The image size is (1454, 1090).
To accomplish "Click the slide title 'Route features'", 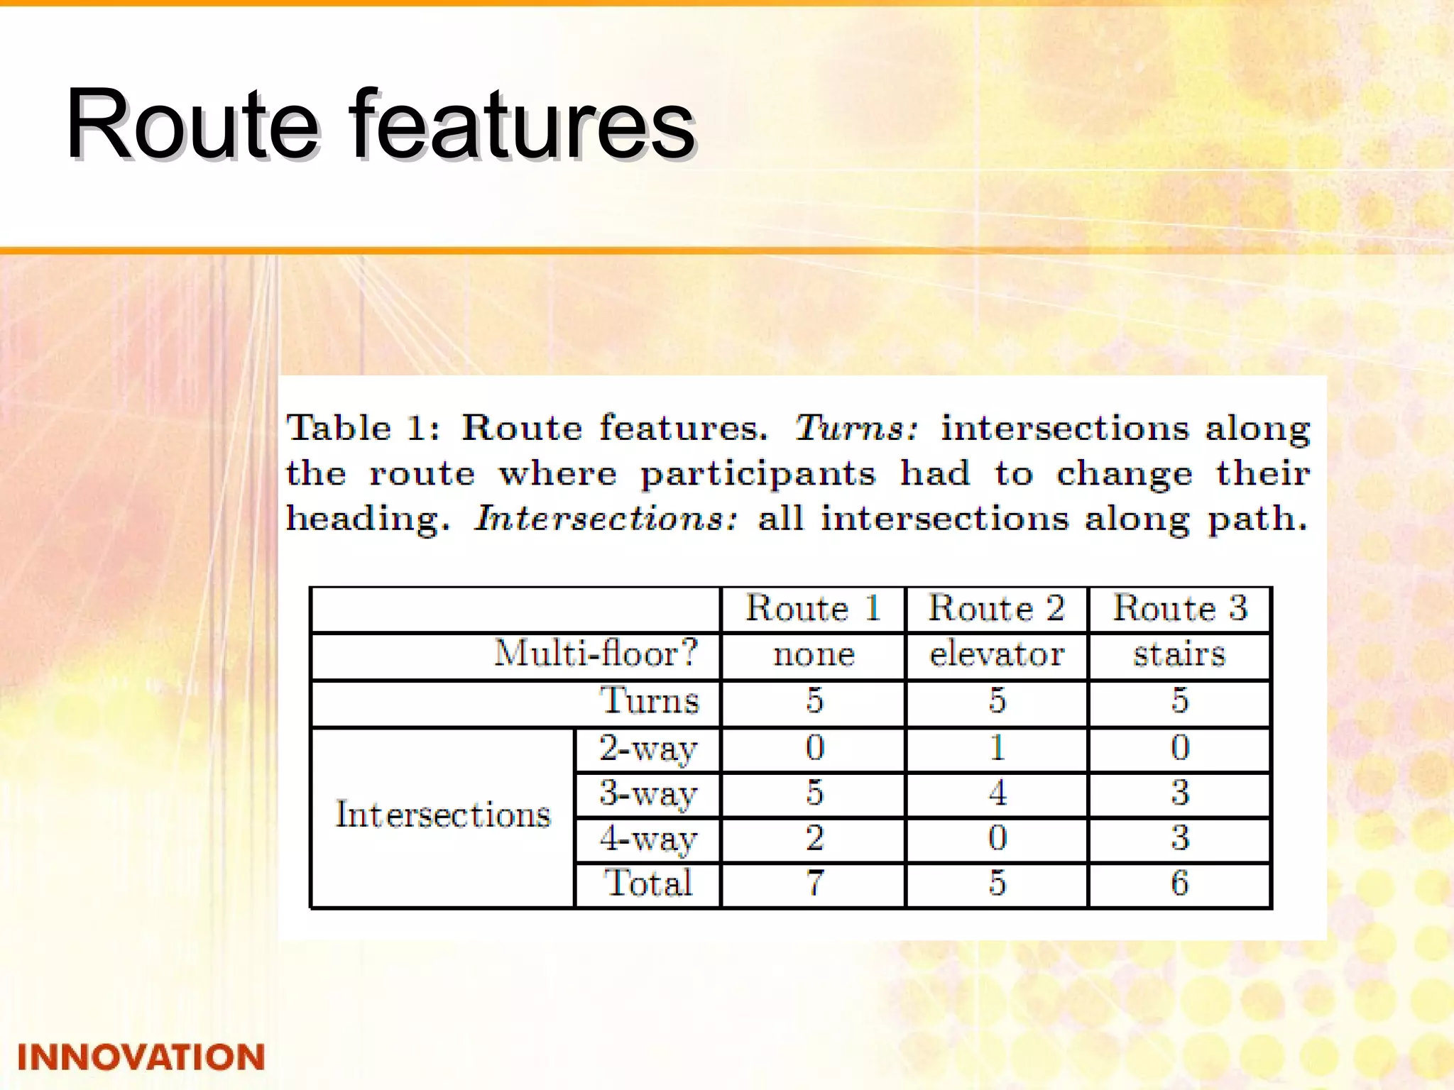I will (x=380, y=124).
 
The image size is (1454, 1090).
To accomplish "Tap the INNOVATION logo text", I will (x=141, y=1057).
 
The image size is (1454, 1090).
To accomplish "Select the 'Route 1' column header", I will (x=814, y=608).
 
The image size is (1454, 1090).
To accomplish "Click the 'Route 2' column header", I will (x=997, y=608).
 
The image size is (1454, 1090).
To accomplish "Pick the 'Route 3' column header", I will (x=1180, y=608).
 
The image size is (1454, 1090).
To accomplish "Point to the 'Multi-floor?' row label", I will (x=596, y=653).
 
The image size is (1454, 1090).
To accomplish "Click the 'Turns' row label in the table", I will (x=650, y=700).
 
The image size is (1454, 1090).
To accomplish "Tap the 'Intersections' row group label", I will (x=443, y=814).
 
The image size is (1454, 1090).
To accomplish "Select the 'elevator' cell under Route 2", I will (x=997, y=654).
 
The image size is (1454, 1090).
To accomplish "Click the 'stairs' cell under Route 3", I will (x=1179, y=654).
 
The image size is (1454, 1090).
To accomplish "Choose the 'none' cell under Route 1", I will (x=814, y=654).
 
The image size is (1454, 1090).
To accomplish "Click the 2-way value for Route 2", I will (x=997, y=747).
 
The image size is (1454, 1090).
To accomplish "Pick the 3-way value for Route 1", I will (x=814, y=793).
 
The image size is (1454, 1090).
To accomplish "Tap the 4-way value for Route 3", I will (x=1180, y=838).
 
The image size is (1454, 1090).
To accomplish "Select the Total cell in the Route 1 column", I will (x=814, y=883).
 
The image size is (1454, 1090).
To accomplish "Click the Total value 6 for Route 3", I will (x=1180, y=883).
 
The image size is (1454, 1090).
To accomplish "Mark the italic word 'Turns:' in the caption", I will (x=856, y=428).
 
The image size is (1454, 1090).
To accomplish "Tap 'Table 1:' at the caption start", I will (x=363, y=428).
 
